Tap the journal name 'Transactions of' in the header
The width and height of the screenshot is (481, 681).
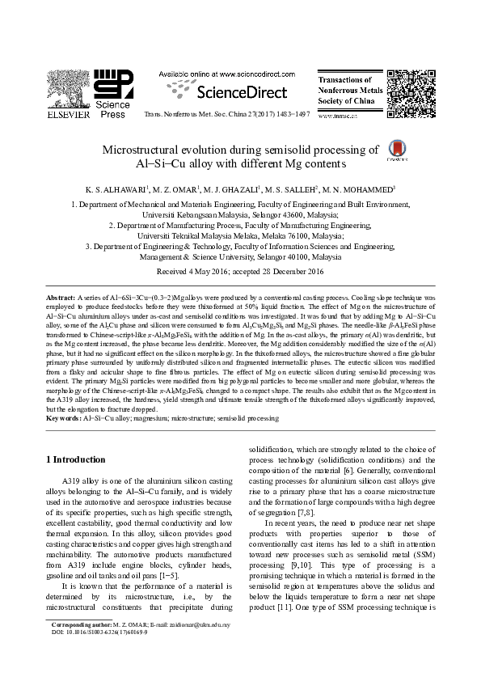(x=345, y=81)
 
